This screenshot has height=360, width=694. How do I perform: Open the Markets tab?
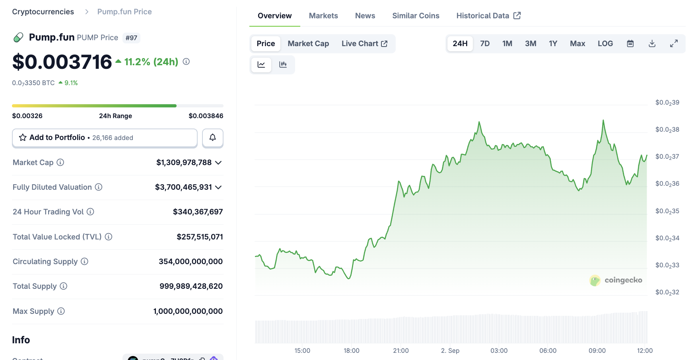(323, 16)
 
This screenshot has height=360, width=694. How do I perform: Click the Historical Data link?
(488, 16)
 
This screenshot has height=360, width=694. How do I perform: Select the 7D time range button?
(484, 44)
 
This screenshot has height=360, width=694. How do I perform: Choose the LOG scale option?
(605, 44)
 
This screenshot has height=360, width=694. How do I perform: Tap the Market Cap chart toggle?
(308, 44)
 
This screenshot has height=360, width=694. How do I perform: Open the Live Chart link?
(364, 44)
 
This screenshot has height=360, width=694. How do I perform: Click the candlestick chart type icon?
(283, 64)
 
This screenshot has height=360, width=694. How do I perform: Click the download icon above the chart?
(652, 44)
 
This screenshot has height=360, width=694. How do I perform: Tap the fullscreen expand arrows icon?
(674, 44)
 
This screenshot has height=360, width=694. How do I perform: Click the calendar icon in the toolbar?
(630, 44)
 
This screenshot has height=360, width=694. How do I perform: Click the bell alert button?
(212, 138)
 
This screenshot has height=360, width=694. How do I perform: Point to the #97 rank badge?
(131, 38)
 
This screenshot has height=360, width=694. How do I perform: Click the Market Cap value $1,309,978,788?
(184, 163)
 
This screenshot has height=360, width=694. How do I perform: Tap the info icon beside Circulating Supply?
(84, 261)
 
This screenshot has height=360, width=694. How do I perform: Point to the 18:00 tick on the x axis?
(351, 350)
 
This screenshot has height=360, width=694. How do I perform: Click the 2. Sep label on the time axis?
(450, 350)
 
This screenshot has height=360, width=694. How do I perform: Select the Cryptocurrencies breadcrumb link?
(43, 12)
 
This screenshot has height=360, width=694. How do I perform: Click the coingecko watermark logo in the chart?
(616, 280)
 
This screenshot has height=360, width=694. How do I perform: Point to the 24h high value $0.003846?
(206, 116)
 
